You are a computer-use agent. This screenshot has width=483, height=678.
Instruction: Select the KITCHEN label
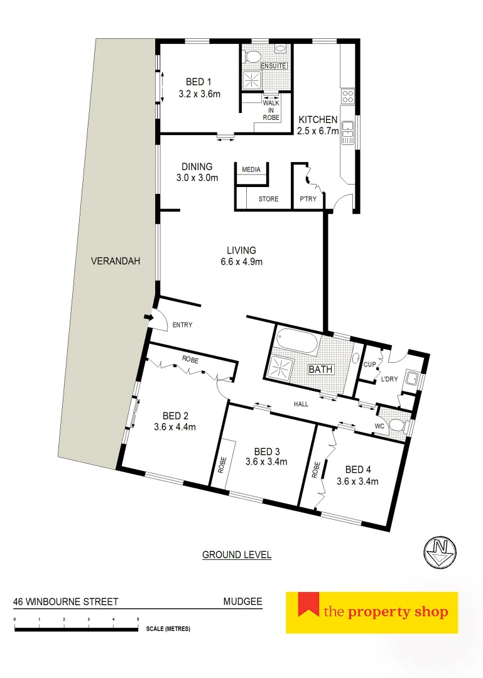click(x=318, y=119)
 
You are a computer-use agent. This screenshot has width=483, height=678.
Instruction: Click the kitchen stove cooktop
click(x=347, y=96)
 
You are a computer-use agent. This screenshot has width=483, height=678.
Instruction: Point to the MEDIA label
click(x=251, y=169)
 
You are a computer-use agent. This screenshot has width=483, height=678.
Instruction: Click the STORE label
click(x=268, y=199)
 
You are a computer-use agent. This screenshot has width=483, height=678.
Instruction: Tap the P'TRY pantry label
click(x=307, y=199)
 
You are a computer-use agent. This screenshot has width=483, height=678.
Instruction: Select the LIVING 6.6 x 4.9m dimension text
click(x=242, y=262)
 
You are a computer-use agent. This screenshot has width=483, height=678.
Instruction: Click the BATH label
click(x=320, y=370)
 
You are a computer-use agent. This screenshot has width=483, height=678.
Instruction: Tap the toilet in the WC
click(x=396, y=426)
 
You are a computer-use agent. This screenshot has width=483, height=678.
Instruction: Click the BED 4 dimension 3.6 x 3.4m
click(x=357, y=482)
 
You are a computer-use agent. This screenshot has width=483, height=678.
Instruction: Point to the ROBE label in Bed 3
click(x=222, y=463)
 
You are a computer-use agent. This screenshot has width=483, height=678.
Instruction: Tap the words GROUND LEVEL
click(x=237, y=555)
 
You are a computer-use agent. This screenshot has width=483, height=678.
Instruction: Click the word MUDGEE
click(x=242, y=601)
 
